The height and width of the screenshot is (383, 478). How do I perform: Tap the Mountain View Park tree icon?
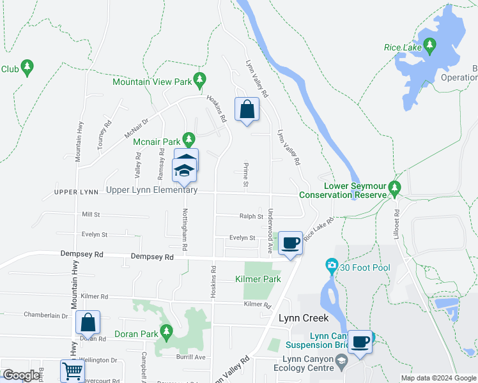(201, 80)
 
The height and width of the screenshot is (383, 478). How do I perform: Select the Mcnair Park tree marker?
(189, 139)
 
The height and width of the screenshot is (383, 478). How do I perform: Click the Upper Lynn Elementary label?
(151, 190)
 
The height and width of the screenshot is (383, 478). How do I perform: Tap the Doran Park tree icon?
(167, 331)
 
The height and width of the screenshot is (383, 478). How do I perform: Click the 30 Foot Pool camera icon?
(331, 264)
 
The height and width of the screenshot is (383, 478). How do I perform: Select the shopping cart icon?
(72, 371)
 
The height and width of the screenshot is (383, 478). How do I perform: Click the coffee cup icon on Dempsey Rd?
(290, 244)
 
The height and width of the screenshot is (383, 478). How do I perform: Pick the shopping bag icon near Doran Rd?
(88, 323)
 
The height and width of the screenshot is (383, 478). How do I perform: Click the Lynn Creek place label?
(303, 318)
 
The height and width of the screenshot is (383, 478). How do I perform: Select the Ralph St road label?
(251, 217)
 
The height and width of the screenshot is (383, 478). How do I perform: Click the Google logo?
(21, 375)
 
